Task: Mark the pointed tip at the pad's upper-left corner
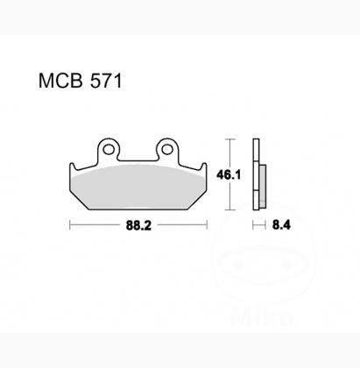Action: click(69, 163)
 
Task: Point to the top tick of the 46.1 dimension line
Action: click(229, 138)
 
